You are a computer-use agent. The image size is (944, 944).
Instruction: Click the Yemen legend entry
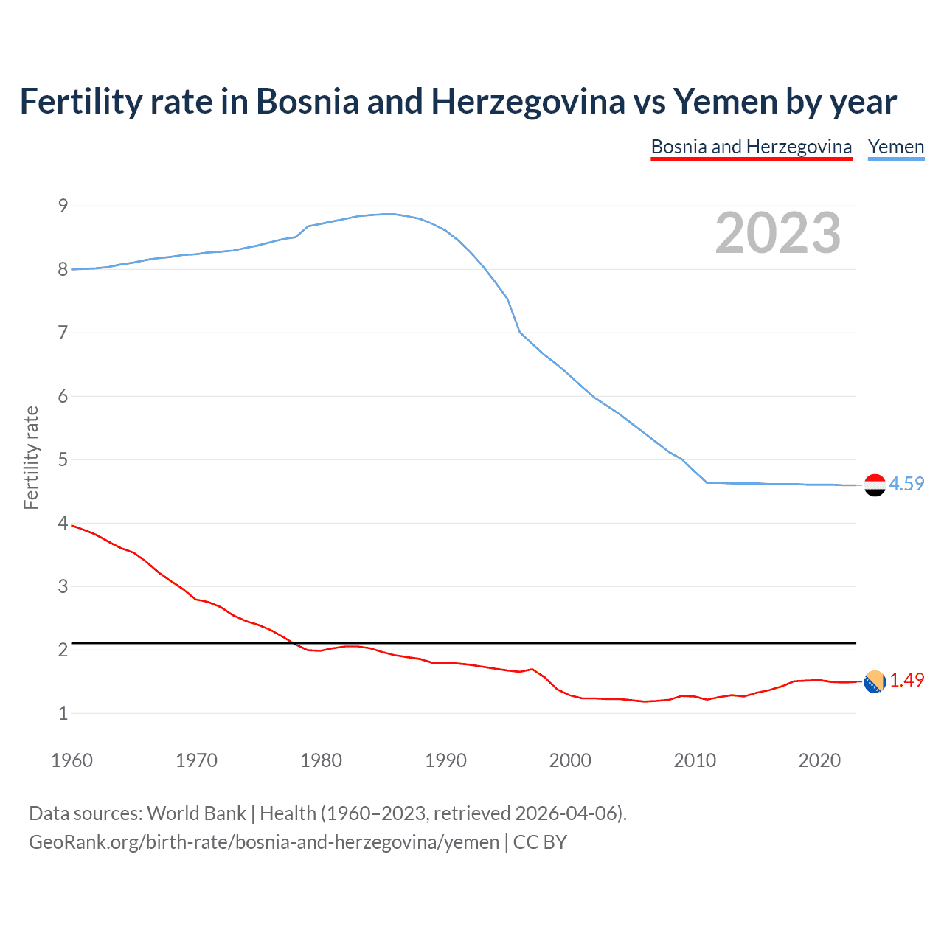(895, 147)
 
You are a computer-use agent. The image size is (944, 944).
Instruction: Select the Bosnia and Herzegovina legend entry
(751, 147)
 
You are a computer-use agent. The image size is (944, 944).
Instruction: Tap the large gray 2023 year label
(778, 233)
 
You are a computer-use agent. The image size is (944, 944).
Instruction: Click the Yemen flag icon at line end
(875, 485)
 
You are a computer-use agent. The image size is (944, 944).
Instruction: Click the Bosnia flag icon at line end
(875, 681)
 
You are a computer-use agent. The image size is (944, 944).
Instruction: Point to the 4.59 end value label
(906, 484)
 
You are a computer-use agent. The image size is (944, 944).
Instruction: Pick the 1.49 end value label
(906, 680)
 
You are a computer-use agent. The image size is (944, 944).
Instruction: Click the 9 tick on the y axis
(63, 206)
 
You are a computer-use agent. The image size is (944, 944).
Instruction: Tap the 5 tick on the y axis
(63, 459)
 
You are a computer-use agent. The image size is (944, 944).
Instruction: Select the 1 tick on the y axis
(63, 713)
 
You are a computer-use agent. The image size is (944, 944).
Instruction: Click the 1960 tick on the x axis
(72, 760)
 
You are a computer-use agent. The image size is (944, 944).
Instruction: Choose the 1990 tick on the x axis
(445, 760)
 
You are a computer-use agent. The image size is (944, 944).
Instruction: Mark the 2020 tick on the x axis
(819, 760)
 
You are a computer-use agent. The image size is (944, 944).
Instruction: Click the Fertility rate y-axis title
(31, 457)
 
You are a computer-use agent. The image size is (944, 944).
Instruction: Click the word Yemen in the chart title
(726, 101)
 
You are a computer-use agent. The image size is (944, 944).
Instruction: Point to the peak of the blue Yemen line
(389, 214)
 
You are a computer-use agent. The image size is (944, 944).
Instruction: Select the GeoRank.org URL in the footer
(264, 842)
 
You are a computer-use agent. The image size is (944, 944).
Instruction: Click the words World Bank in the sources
(196, 813)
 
